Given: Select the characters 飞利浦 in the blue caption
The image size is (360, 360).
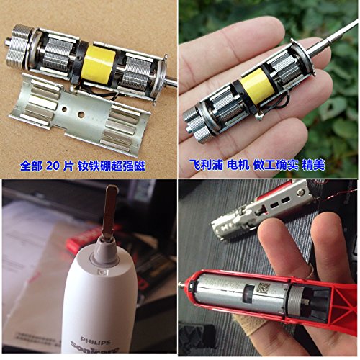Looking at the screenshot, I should [x=204, y=166].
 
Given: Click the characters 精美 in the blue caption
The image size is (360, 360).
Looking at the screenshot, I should [x=311, y=166].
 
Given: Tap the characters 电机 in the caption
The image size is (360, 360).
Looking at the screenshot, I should [x=238, y=166].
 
